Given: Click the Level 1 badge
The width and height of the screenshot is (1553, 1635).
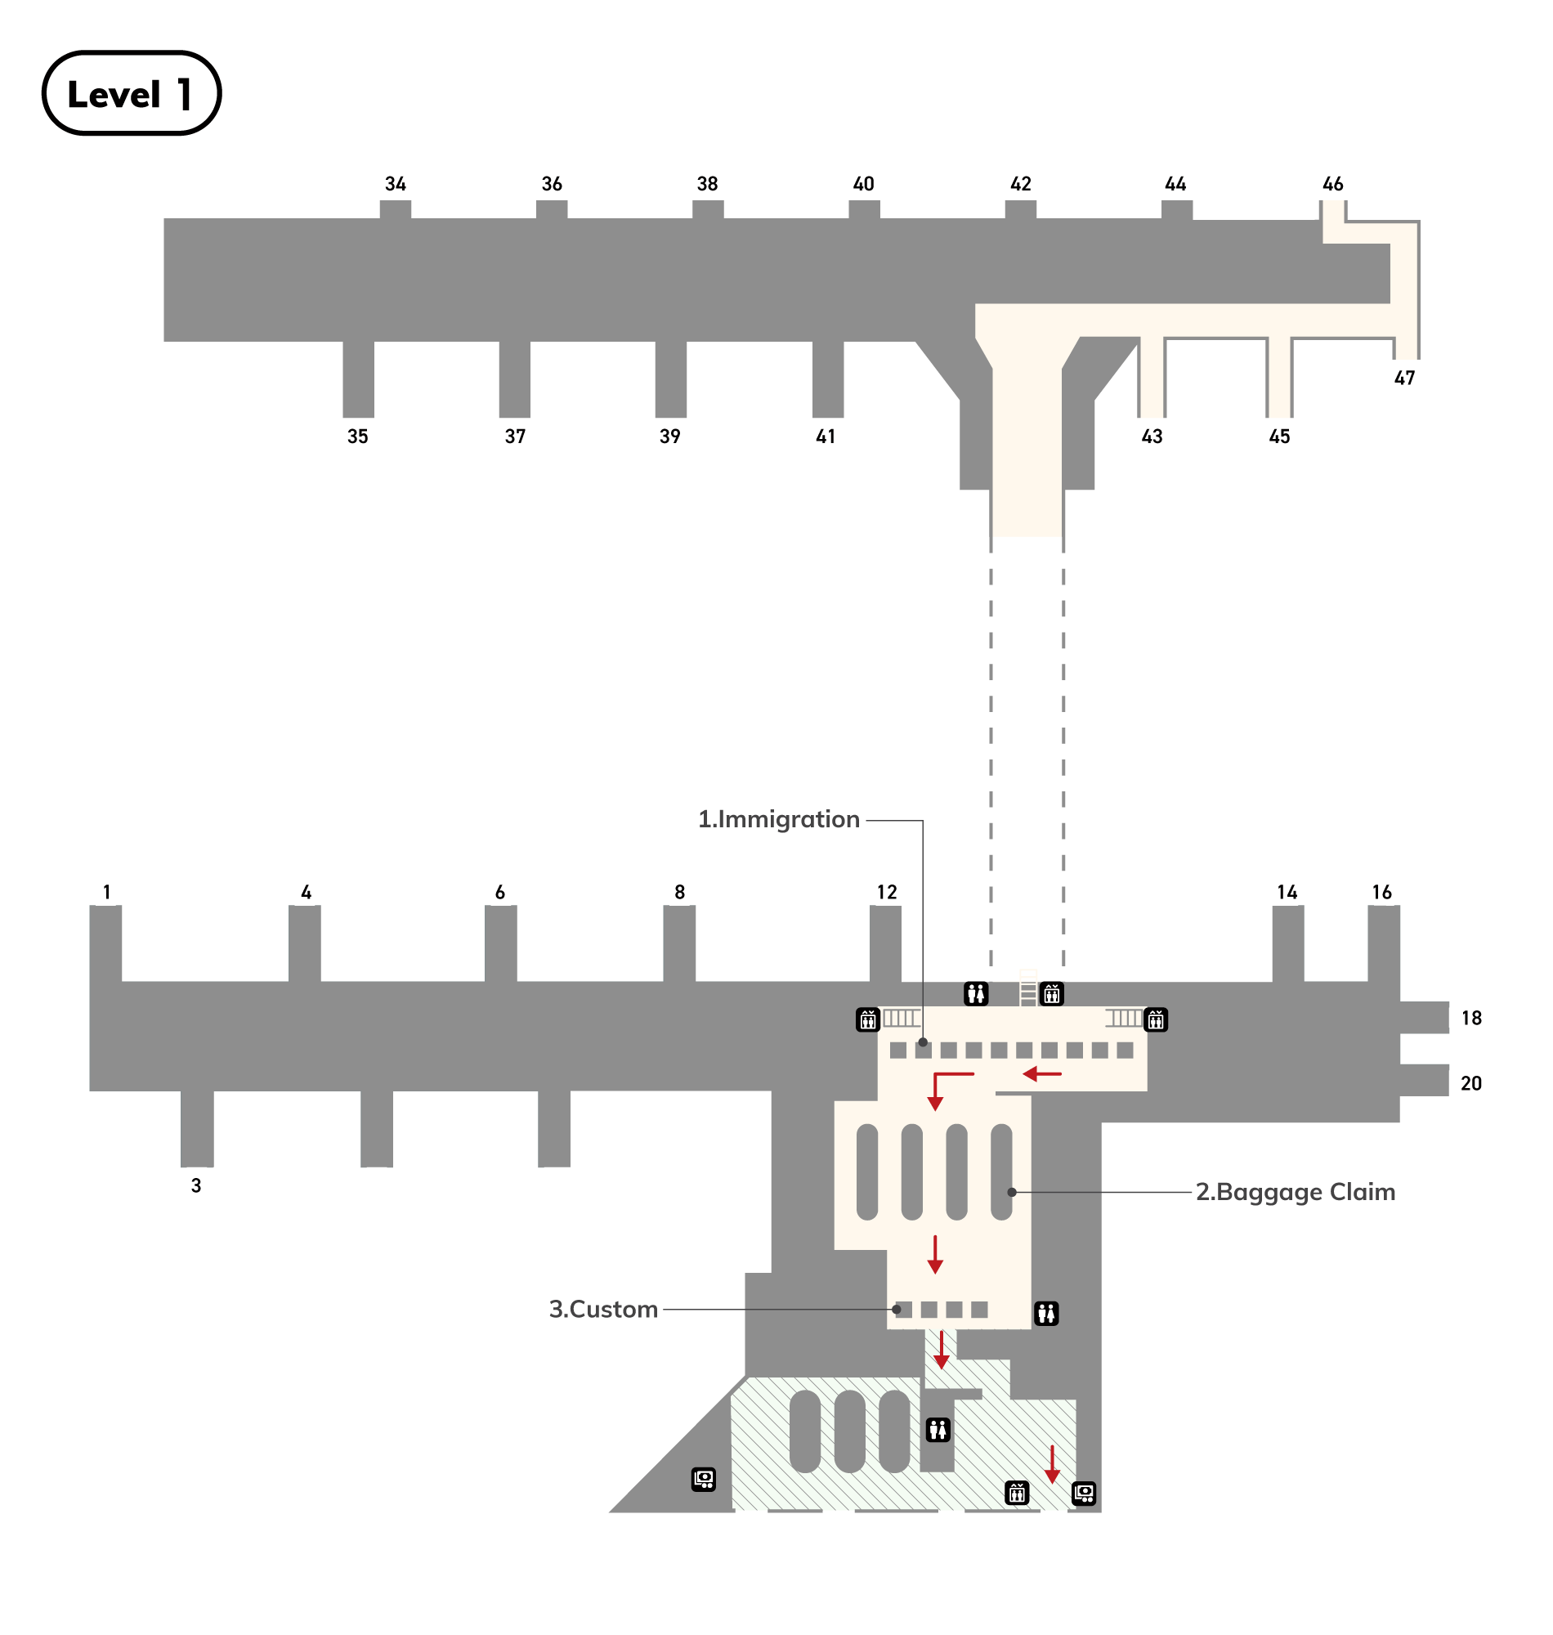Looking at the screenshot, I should [x=131, y=93].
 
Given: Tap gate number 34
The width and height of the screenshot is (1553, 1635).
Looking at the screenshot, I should [x=395, y=184].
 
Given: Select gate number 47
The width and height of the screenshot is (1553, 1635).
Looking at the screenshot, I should [x=1404, y=379].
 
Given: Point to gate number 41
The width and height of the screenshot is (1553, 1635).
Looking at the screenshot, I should [x=826, y=437].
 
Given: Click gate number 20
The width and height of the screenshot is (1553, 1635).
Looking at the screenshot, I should [x=1470, y=1083].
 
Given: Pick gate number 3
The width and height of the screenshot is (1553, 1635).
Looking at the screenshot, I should [x=196, y=1185].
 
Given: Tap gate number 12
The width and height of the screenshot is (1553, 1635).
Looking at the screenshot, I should [x=887, y=893].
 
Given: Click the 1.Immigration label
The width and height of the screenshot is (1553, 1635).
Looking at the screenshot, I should [x=778, y=820].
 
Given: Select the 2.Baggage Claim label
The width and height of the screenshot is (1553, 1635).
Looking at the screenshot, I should [x=1295, y=1192].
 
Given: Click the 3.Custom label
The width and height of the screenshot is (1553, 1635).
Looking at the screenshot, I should [x=603, y=1310].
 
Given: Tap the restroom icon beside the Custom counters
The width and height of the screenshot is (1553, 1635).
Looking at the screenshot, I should [x=1046, y=1313].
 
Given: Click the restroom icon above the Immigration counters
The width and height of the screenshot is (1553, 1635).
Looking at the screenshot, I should [x=976, y=993].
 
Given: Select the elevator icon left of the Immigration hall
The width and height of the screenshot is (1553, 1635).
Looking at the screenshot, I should [x=867, y=1020].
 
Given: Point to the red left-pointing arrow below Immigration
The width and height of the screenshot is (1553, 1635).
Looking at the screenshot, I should [x=1041, y=1074].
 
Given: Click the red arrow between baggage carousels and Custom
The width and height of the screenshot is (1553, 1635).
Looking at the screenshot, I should [x=935, y=1254].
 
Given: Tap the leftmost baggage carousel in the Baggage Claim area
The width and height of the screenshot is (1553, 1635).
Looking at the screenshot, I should [x=866, y=1172].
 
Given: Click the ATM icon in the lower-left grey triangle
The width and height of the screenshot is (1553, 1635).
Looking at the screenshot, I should [x=704, y=1480].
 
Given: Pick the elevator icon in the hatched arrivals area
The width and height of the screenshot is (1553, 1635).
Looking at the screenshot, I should [x=1017, y=1493].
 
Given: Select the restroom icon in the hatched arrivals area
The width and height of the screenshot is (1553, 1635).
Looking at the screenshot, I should [x=938, y=1430].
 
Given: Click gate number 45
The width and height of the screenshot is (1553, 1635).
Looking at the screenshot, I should [x=1279, y=437].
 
